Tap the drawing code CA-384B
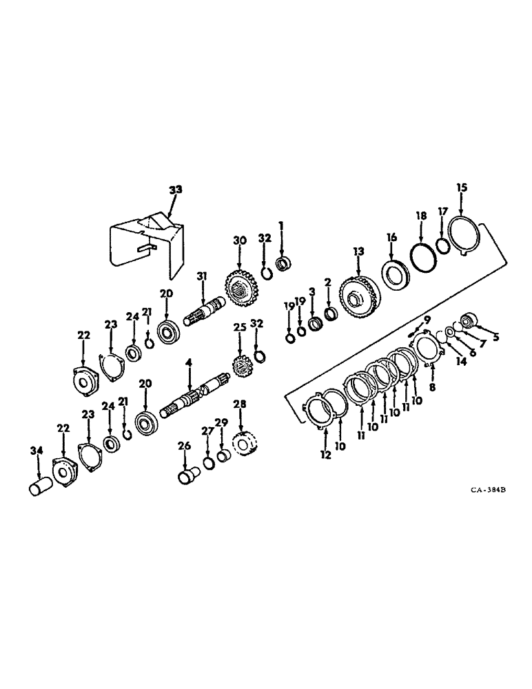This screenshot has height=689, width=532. [489, 490]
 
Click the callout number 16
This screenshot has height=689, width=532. [391, 236]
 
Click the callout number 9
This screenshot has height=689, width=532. [427, 319]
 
